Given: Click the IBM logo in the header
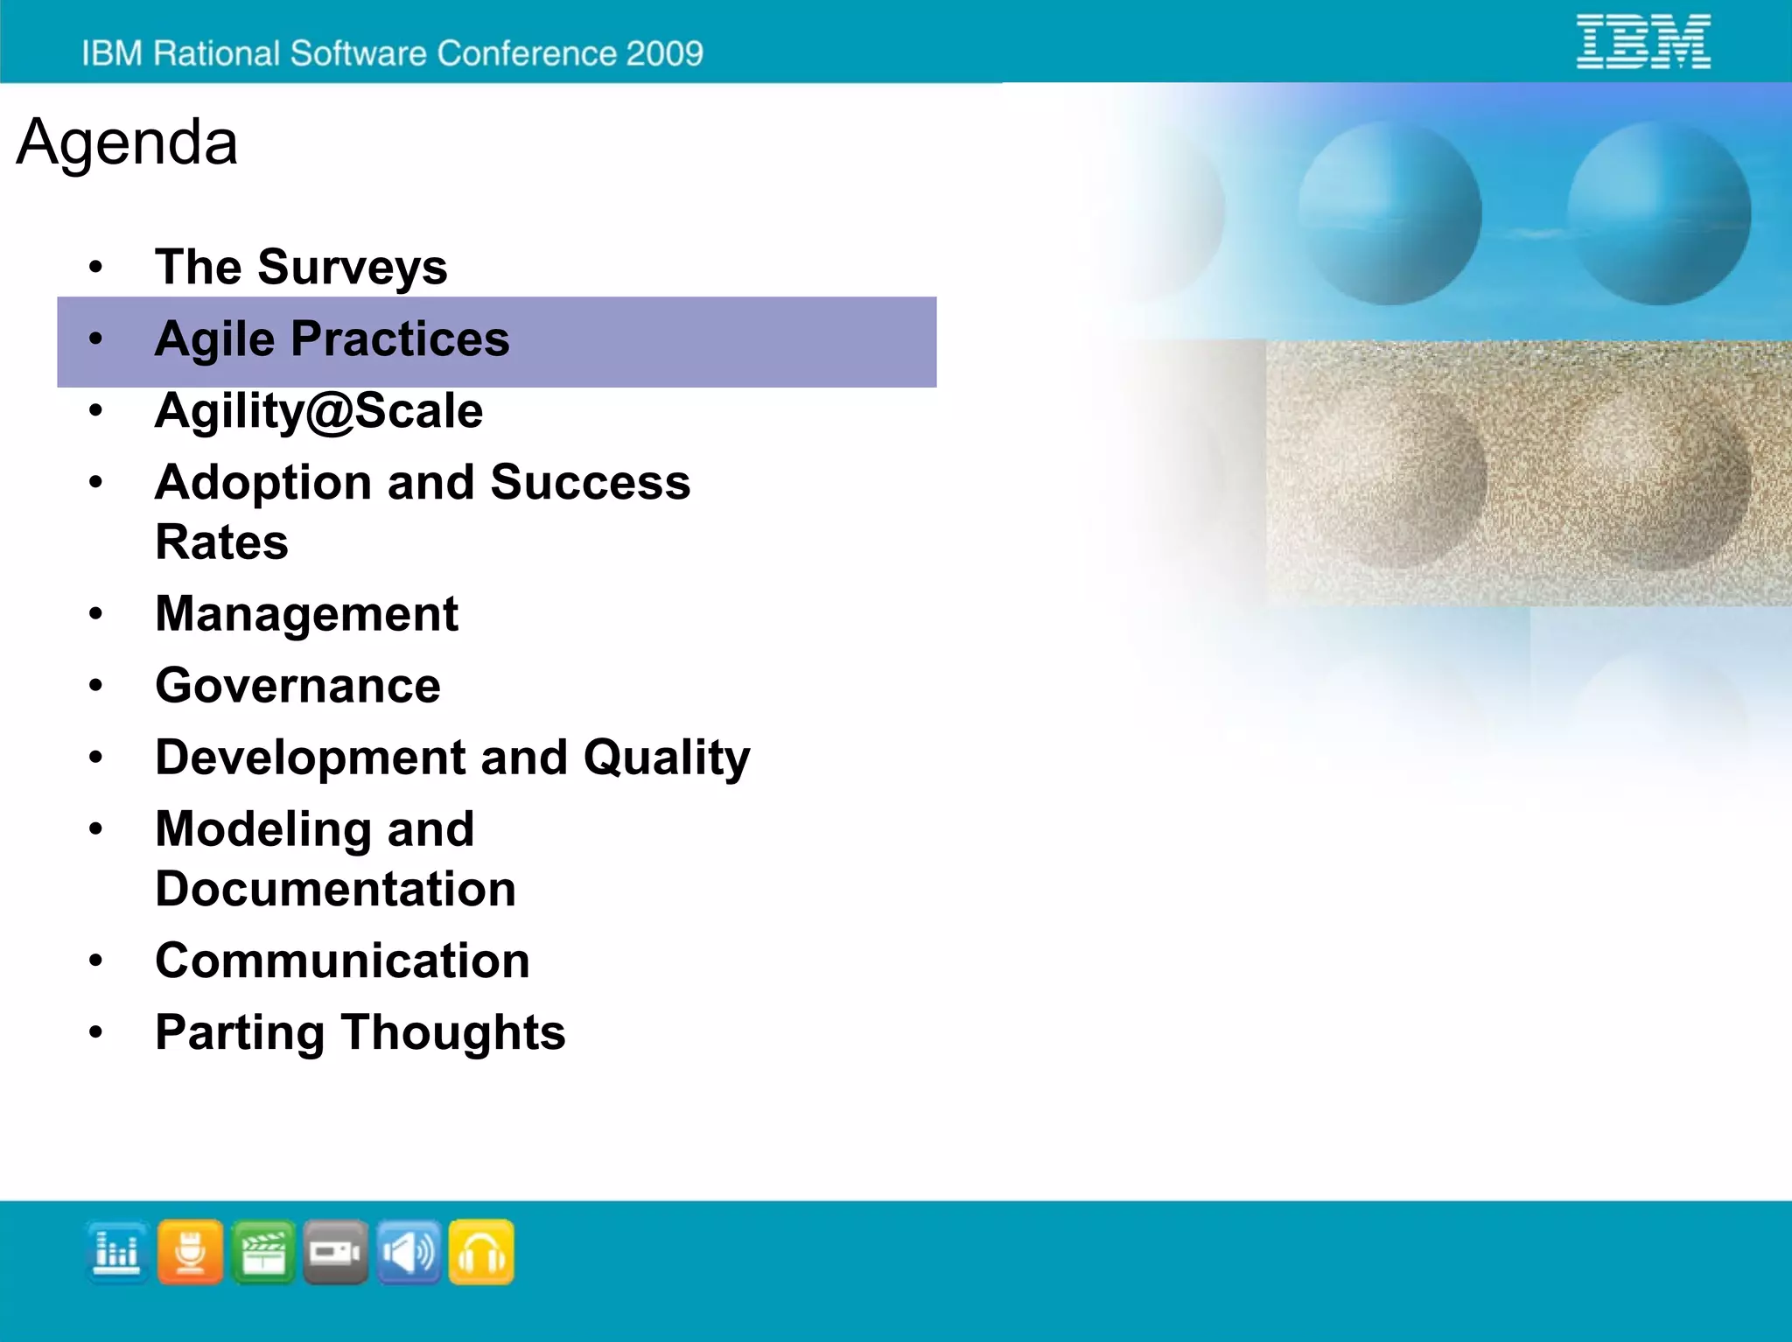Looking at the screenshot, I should pos(1642,41).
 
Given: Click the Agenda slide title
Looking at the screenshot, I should pos(127,142).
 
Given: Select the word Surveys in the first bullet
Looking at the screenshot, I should pos(352,267).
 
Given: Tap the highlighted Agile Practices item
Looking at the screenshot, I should pos(332,339).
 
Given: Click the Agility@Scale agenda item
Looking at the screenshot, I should pos(318,411).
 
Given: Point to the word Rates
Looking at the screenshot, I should pos(221,542).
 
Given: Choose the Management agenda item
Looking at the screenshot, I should pos(306,614).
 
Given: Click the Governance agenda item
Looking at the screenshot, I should pos(297,686).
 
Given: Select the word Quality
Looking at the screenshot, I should pos(667,758).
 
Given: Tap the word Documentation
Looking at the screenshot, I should pos(335,890).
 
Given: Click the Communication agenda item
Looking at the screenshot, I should pos(342,961).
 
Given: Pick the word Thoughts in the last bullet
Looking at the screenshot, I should pos(453,1033).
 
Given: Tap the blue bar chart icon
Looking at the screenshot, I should pos(117,1253).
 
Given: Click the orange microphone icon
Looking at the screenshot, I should pos(190,1253).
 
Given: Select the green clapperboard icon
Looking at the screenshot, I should pos(263,1253).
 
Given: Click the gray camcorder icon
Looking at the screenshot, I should pos(336,1253).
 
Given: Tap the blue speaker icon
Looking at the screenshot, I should pos(409,1253).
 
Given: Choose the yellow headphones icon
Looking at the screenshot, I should pos(481,1253).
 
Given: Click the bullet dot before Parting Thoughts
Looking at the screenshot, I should pos(95,1032).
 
